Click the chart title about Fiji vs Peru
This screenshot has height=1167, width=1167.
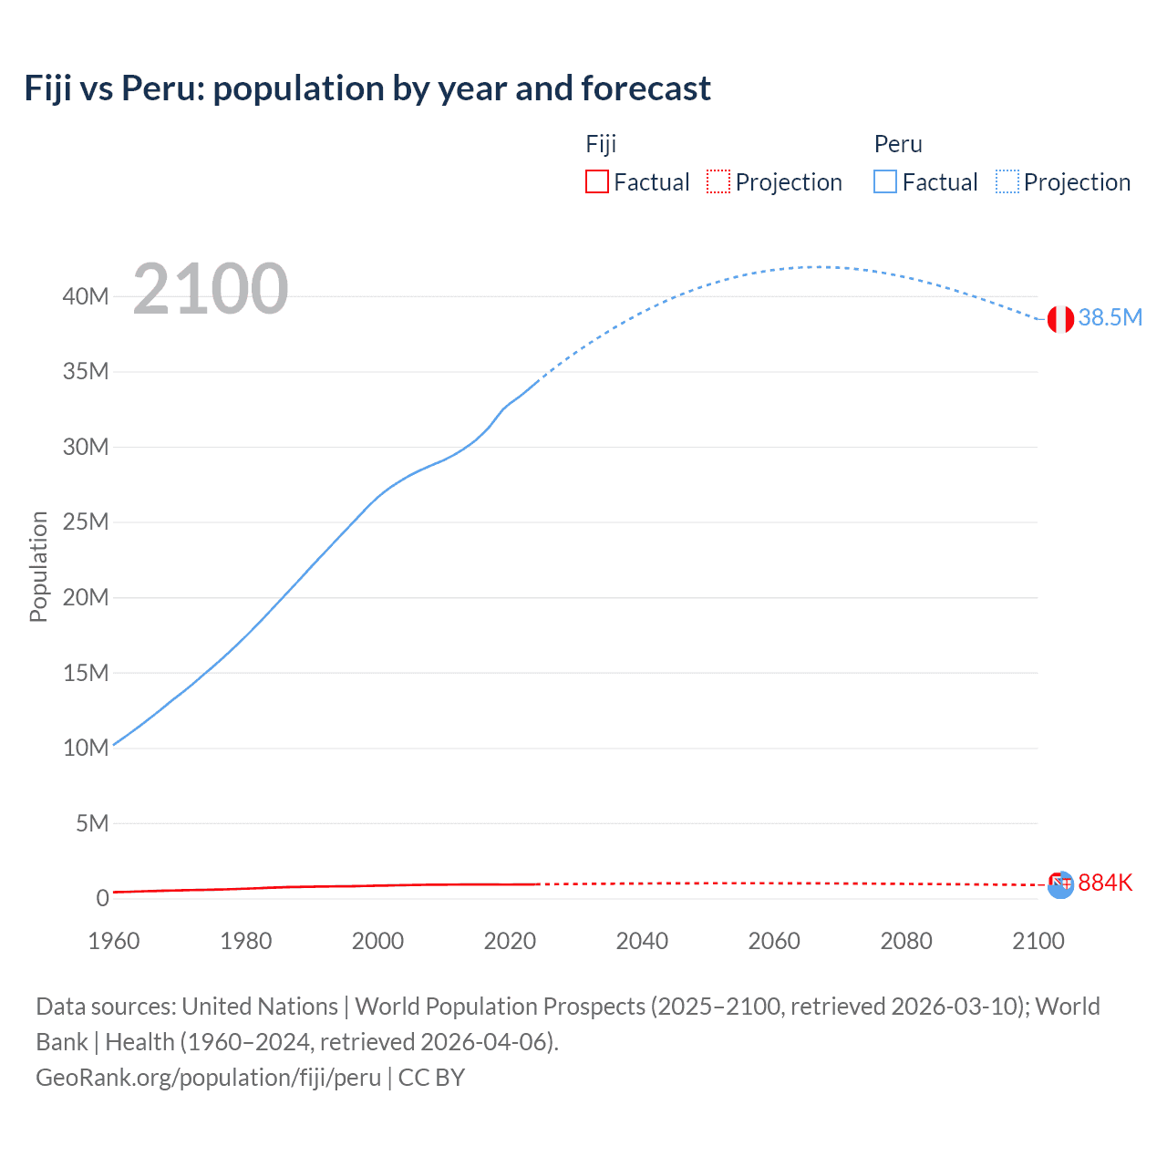pos(367,88)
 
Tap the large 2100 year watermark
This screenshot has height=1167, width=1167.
pos(211,289)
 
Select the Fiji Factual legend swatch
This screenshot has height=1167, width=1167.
pos(596,181)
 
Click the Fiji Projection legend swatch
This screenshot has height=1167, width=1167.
pos(718,181)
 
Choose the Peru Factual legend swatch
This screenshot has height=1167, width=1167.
pos(884,181)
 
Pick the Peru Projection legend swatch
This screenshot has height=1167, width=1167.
pos(1007,181)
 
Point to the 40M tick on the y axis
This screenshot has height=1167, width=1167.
pos(86,296)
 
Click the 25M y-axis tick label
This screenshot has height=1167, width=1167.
pos(86,522)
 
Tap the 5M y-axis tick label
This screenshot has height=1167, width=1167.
pos(91,823)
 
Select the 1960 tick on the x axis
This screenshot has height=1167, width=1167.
pos(114,941)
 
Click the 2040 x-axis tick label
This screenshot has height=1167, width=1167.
pos(642,941)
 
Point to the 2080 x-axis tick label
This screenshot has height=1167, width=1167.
pos(906,941)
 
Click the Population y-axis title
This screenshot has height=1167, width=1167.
pos(38,566)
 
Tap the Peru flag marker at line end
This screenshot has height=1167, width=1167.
pos(1059,319)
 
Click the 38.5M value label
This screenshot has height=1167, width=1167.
pos(1110,317)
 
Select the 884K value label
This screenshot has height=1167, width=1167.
pos(1105,883)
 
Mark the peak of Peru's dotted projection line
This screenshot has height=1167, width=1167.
pos(821,267)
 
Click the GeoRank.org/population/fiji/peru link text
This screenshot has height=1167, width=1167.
pos(208,1078)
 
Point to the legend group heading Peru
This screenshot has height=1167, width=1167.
pos(898,144)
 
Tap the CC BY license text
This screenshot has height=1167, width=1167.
pos(431,1078)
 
